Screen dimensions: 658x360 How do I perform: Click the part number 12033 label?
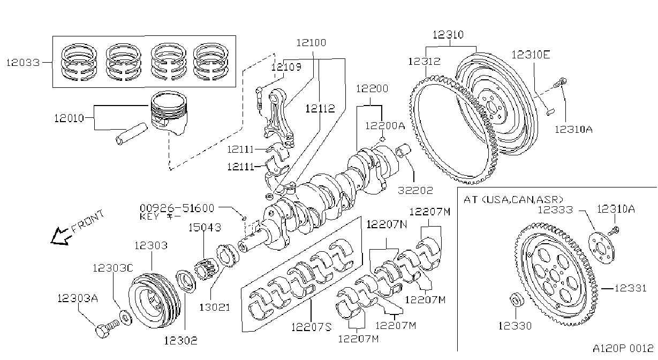(23, 63)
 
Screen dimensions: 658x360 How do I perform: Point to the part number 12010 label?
(69, 118)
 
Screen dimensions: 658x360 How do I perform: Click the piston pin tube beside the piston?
(131, 134)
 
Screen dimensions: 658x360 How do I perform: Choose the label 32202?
(415, 190)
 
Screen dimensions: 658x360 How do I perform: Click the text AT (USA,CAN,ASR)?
(513, 200)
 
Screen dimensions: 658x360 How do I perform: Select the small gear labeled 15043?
(204, 269)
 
